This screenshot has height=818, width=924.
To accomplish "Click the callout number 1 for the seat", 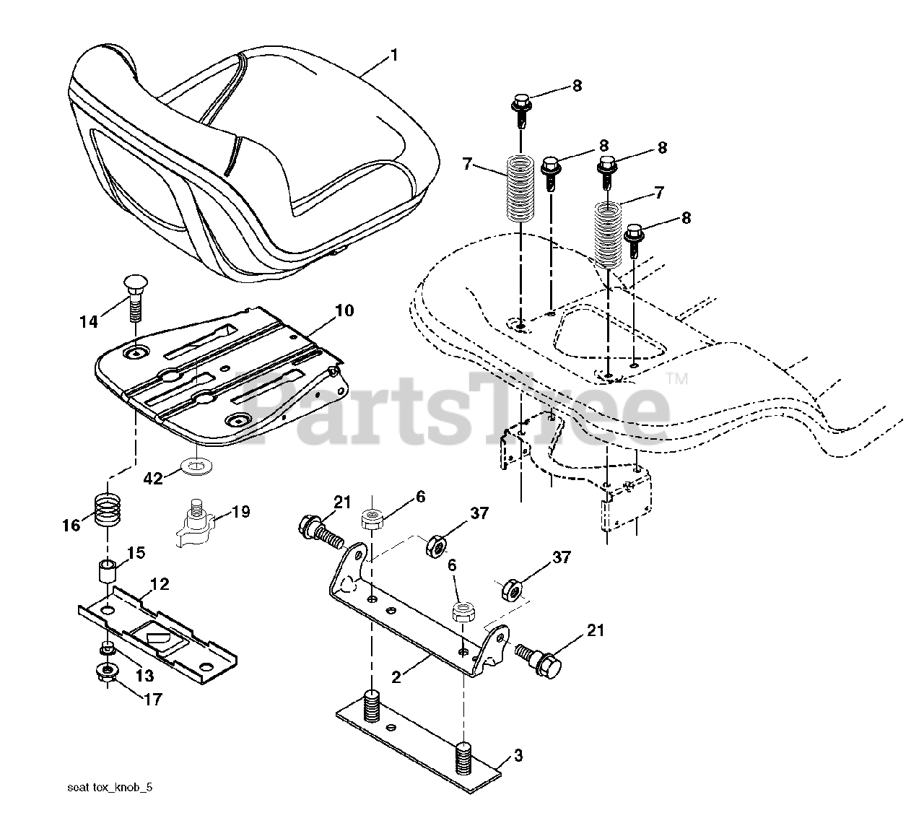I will click(x=394, y=55).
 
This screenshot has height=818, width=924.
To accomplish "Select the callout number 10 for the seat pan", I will click(x=344, y=311).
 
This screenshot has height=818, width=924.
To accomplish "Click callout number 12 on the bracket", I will click(x=160, y=584).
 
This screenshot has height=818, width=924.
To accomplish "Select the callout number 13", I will click(x=145, y=675).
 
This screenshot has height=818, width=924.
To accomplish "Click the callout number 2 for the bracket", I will click(x=396, y=677).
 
